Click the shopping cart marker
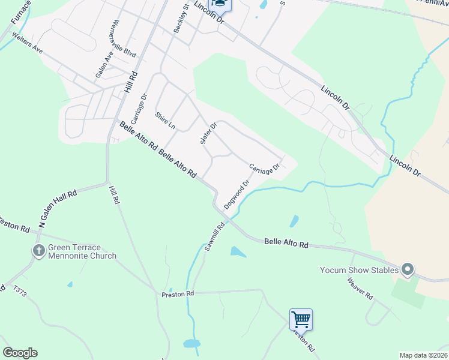coord(300,319)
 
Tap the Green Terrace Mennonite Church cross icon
coord(39,251)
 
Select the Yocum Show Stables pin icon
coord(408,270)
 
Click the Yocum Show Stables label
coord(360,270)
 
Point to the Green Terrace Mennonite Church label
coord(82,251)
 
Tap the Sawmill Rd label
coord(214,236)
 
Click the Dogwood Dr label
coord(237,194)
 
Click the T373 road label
coord(20,291)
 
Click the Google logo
coord(20,353)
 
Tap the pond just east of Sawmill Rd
coord(238,252)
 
